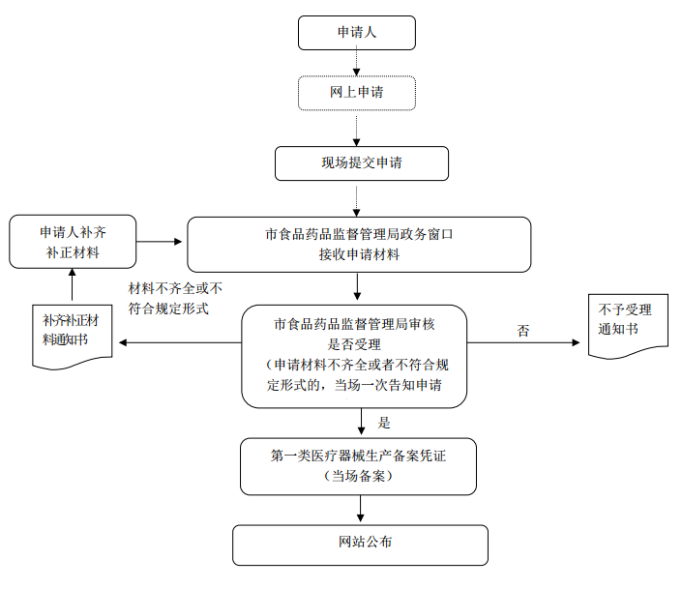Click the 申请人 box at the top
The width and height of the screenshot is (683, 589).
tap(357, 33)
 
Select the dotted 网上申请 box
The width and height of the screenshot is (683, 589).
tap(357, 93)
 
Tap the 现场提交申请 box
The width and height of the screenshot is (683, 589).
tap(362, 162)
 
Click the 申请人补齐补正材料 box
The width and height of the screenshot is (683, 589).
tap(73, 242)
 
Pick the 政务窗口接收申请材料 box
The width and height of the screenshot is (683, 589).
tap(359, 244)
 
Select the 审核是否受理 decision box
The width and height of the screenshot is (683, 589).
tap(354, 355)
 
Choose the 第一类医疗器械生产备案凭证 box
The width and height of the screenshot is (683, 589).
tap(359, 465)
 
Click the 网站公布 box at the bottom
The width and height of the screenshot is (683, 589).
tap(360, 545)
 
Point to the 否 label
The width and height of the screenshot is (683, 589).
tap(523, 331)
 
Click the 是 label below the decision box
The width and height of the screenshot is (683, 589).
tap(384, 423)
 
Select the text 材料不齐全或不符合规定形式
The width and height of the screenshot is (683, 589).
tap(175, 298)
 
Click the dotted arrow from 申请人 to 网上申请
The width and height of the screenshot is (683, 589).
tap(357, 62)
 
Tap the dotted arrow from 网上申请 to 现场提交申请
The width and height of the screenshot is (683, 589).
tap(357, 128)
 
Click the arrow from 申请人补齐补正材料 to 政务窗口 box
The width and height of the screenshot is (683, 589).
tap(161, 242)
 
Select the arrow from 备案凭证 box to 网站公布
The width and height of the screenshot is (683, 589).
tap(360, 509)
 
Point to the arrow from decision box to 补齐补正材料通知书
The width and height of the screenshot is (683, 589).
tap(179, 342)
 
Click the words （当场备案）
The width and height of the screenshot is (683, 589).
tap(359, 476)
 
